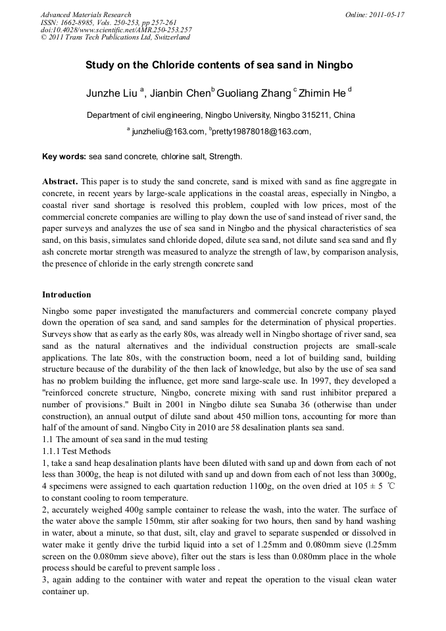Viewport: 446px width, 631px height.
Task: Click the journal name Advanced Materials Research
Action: point(86,14)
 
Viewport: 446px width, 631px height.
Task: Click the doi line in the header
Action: point(116,30)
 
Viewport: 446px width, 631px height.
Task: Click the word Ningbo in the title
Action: point(335,66)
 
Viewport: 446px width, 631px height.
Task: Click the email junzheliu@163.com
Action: point(168,132)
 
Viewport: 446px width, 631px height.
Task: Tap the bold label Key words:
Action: point(64,157)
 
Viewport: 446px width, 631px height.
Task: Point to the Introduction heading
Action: point(66,294)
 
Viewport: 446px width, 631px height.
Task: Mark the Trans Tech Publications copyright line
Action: point(115,38)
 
